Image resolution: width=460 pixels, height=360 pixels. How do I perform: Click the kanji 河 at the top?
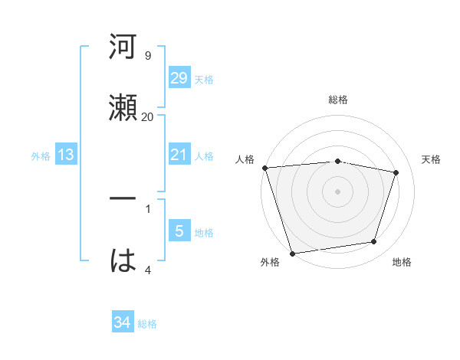coord(123,47)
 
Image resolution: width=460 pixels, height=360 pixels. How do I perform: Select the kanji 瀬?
coord(123,108)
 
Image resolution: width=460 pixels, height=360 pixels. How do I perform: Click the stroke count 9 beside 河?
coord(147,56)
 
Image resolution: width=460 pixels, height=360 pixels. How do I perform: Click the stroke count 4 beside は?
coord(147,269)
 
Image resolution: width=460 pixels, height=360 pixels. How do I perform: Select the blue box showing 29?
coord(179,78)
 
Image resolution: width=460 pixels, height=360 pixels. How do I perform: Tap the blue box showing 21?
coord(179,155)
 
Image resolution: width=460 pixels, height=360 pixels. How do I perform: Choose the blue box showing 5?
coord(179,231)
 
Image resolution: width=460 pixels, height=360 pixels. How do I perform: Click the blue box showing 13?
coord(66,155)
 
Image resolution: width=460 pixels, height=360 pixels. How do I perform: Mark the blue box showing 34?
coord(123,322)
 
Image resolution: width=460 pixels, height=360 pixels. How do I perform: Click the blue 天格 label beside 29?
coord(204,80)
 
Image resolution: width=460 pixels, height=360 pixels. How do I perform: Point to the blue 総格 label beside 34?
coord(147,324)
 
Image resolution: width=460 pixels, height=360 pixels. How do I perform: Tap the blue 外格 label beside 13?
coord(41,156)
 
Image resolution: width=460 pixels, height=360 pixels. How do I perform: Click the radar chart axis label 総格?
coord(338,100)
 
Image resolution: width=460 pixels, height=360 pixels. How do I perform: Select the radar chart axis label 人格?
coord(245,159)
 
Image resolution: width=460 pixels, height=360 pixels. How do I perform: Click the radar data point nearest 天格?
coord(396,172)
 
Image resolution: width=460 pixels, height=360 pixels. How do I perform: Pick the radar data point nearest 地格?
coord(374,242)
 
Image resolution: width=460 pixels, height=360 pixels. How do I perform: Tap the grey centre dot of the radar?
coord(338,191)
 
